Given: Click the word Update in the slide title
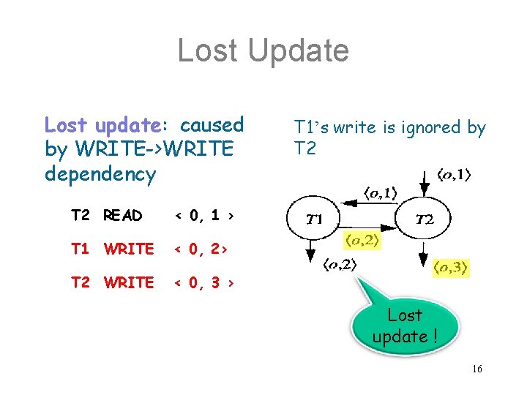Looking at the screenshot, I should (300, 51).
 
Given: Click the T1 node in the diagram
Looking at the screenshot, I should (315, 218).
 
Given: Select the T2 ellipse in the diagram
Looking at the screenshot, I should (424, 218).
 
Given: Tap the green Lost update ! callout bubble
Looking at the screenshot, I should (405, 326).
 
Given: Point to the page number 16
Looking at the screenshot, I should (476, 369).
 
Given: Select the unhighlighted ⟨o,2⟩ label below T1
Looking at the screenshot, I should (340, 266).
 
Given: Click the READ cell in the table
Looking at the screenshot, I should (123, 216).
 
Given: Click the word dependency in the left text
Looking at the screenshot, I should (100, 175).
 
